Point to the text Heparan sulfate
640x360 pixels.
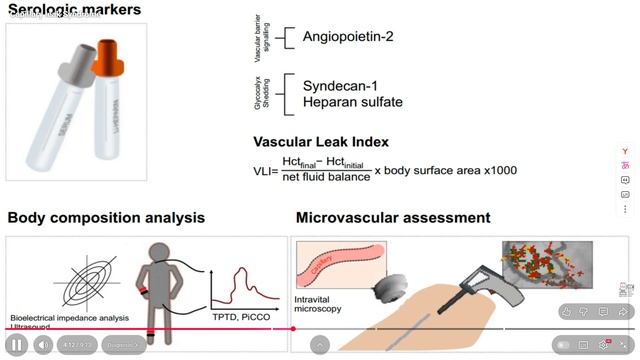point(353,103)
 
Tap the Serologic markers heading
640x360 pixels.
point(74,11)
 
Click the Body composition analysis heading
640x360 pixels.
point(106,217)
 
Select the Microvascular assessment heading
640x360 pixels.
point(393,217)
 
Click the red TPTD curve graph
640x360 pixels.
point(246,285)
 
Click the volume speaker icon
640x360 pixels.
point(43,345)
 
